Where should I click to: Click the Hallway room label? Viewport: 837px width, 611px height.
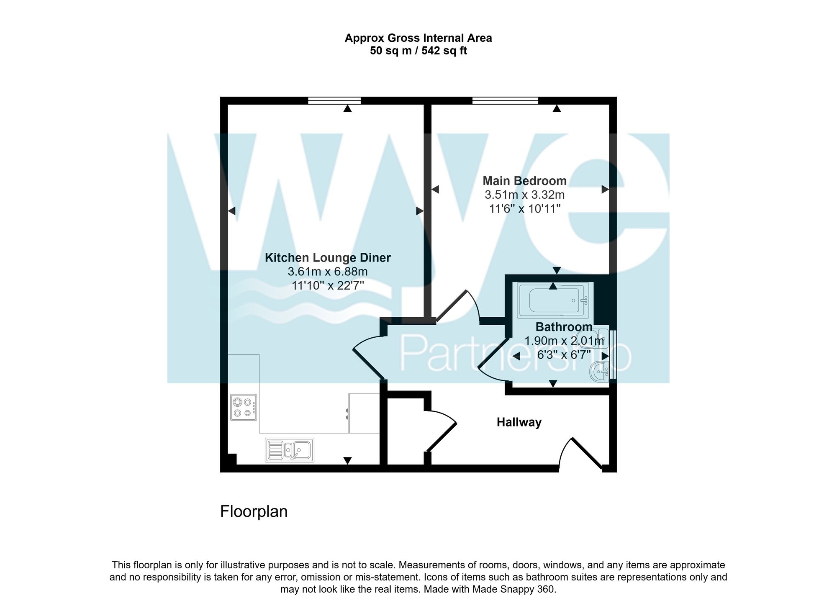519,422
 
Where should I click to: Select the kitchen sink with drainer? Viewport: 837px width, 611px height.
289,450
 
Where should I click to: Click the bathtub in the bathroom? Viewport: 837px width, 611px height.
553,300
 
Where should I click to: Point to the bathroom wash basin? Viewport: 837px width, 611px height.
599,372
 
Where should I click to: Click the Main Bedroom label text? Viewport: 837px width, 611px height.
524,181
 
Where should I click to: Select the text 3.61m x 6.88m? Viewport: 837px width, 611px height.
328,272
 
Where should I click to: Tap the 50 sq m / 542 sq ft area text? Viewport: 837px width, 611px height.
418,51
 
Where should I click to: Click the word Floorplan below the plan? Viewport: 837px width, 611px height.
254,511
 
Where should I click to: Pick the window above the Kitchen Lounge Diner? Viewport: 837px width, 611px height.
334,100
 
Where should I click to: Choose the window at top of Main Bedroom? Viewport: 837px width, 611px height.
505,100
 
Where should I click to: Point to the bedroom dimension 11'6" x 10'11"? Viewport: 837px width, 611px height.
524,208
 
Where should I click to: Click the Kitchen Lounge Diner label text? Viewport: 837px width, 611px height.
328,258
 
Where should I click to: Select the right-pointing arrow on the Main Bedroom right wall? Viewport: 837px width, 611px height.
605,190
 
